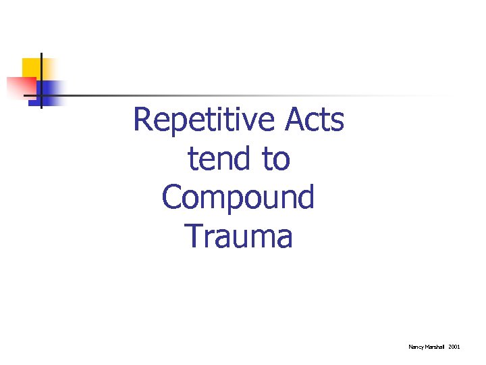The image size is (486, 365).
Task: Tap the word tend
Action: pyautogui.click(x=217, y=160)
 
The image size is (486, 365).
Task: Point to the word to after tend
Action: pyautogui.click(x=277, y=160)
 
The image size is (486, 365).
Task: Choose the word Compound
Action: pyautogui.click(x=238, y=198)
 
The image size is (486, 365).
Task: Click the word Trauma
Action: pyautogui.click(x=238, y=237)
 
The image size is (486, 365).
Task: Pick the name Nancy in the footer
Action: pyautogui.click(x=416, y=347)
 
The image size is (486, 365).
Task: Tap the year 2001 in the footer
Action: pyautogui.click(x=454, y=347)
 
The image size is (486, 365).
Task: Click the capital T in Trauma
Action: pyautogui.click(x=192, y=237)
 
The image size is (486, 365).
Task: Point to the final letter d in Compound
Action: pyautogui.click(x=306, y=197)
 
